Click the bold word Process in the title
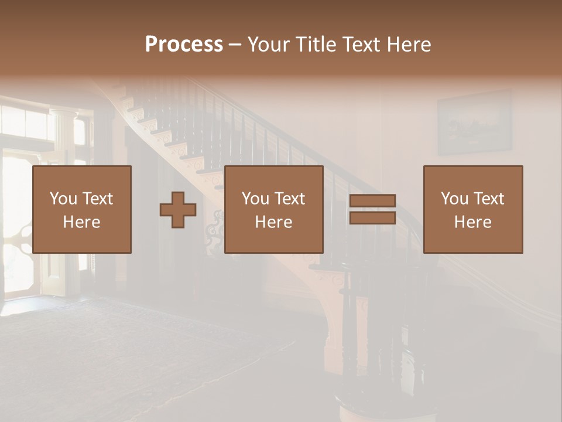pos(184,45)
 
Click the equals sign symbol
pos(372,209)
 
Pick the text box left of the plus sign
pos(81,209)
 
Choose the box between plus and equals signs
pos(273,209)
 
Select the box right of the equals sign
pos(472,209)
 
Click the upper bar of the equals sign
pos(372,201)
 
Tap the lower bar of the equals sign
pos(372,217)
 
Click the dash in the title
pos(235,45)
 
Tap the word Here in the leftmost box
pos(81,222)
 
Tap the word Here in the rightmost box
pos(472,222)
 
